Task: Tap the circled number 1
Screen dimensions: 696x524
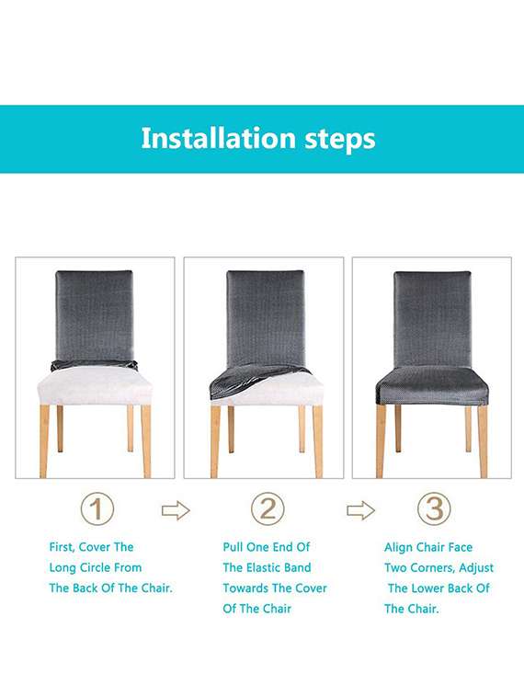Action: point(97,508)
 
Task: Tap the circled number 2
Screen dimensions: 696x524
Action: point(268,508)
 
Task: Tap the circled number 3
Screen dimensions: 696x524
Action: point(434,508)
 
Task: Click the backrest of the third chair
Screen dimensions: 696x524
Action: point(432,317)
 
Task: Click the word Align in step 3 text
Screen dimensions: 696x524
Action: point(399,547)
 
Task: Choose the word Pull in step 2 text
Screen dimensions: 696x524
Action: point(235,547)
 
